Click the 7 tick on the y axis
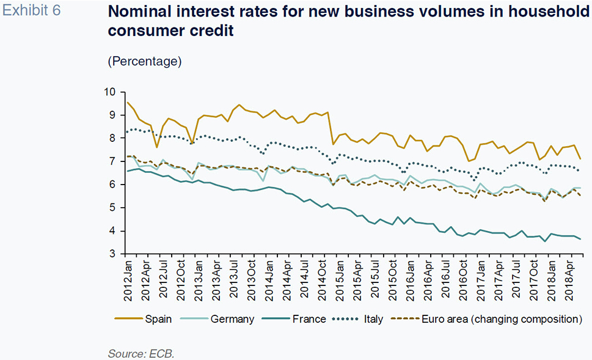click(x=112, y=161)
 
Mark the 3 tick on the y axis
click(x=112, y=254)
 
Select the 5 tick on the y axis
click(x=112, y=208)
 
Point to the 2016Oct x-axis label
click(x=464, y=283)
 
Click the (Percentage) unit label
click(x=145, y=61)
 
